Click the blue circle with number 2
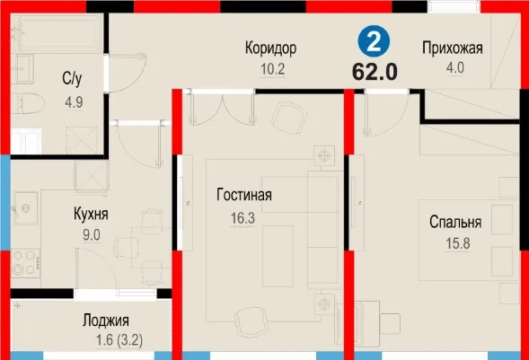(x=374, y=41)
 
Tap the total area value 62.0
(x=375, y=72)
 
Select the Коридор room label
(x=270, y=48)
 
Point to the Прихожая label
(x=453, y=48)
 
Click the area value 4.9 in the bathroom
(x=74, y=101)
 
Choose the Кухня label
(x=91, y=214)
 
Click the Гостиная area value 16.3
(x=242, y=218)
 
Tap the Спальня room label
(x=455, y=222)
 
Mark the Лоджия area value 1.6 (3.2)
(x=119, y=340)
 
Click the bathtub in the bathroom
(x=59, y=34)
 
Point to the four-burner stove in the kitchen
(x=26, y=263)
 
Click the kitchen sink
(x=25, y=208)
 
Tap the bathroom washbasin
(x=22, y=69)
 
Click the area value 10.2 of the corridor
(x=273, y=69)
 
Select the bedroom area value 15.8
(x=458, y=243)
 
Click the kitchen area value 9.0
(x=92, y=235)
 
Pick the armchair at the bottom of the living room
(x=251, y=320)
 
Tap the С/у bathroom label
(x=72, y=79)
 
